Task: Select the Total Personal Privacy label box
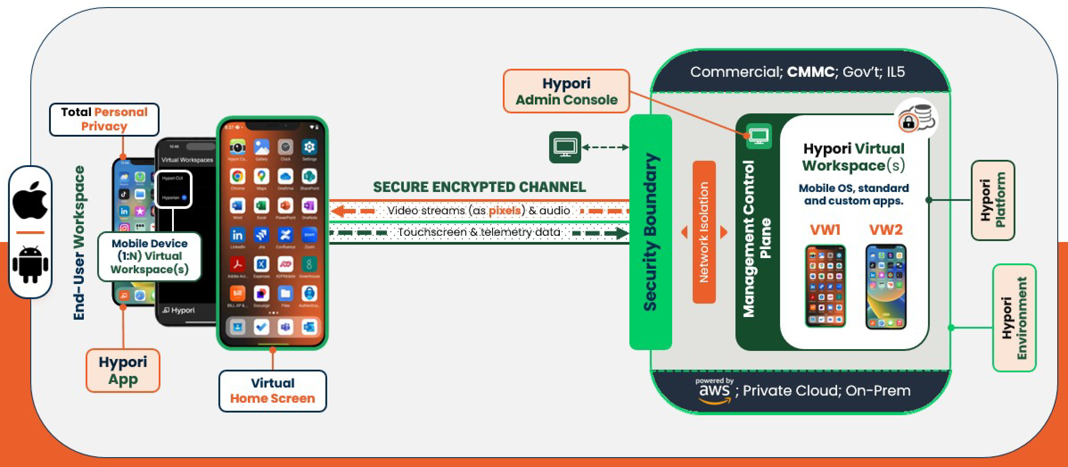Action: tap(104, 119)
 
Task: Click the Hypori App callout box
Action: tap(123, 370)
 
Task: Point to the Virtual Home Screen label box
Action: tap(272, 391)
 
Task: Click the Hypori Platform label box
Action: tap(993, 200)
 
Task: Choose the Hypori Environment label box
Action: tap(1014, 318)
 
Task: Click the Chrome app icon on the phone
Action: tap(237, 177)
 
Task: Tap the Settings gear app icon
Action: tap(309, 147)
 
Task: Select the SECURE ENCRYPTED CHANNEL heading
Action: tap(479, 187)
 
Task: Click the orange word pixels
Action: tap(504, 211)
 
